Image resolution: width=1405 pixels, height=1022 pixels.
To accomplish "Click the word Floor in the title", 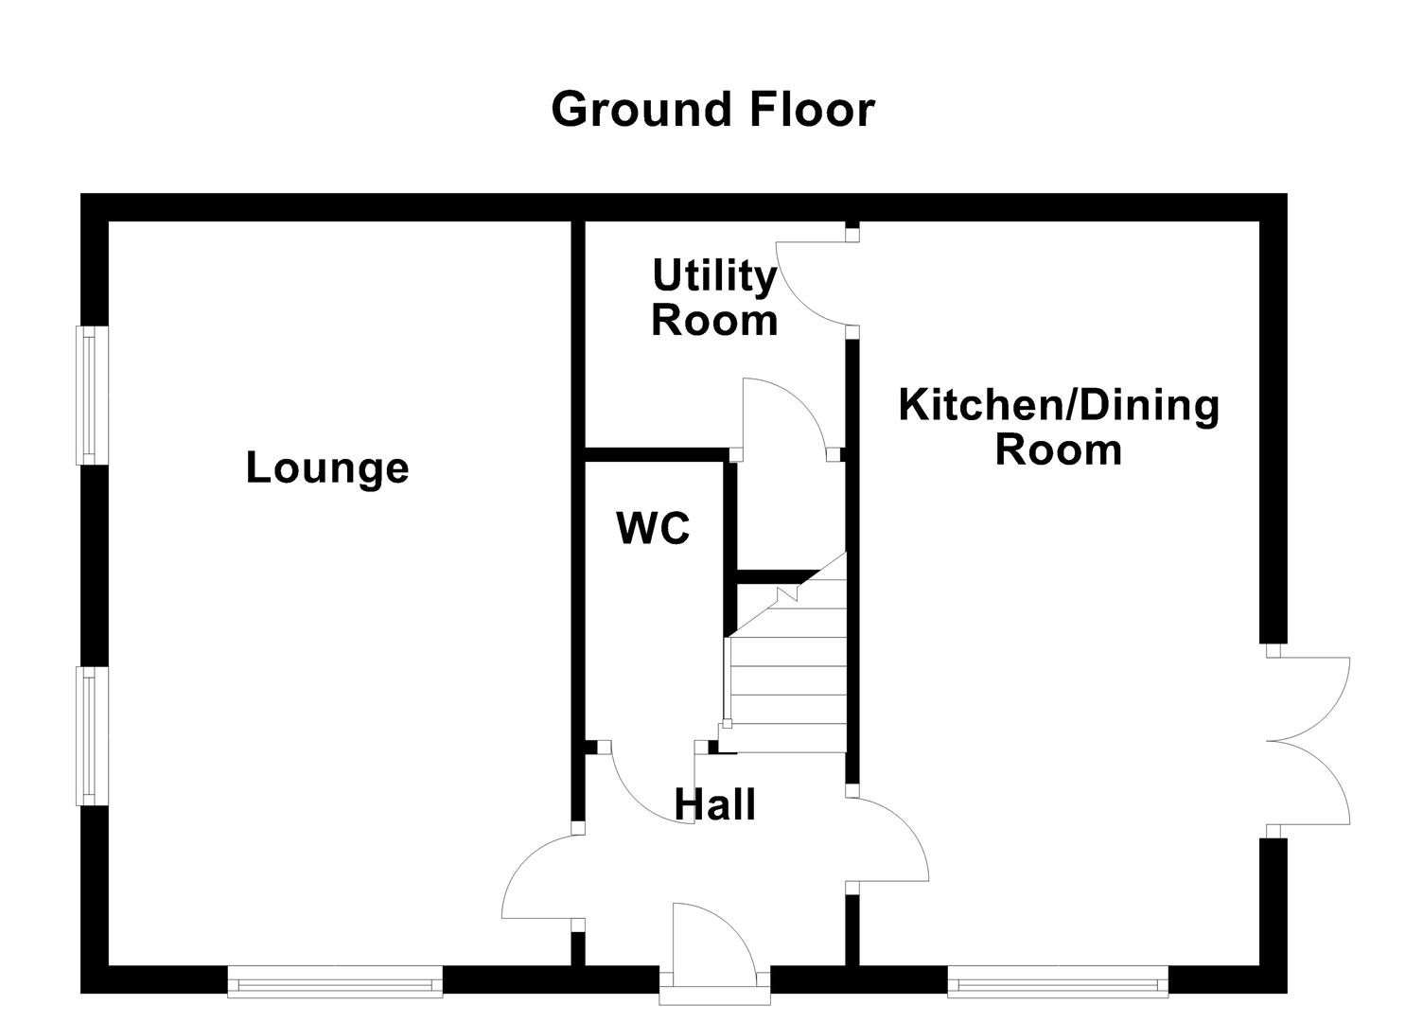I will click(x=812, y=110).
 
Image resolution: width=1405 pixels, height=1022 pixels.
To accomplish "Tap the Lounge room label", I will click(x=327, y=467).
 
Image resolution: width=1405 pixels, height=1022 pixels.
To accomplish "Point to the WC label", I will click(x=653, y=528).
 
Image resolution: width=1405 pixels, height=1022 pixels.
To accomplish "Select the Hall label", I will click(x=714, y=805).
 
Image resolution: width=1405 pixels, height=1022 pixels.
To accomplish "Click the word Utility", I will click(x=714, y=276).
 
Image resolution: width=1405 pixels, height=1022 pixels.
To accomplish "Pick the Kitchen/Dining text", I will click(x=1059, y=405).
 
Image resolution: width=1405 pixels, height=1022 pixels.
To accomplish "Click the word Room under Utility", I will click(x=714, y=321).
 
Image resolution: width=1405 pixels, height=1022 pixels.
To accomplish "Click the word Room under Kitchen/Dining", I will click(x=1059, y=449).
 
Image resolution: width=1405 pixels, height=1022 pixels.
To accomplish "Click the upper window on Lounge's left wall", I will click(x=91, y=396).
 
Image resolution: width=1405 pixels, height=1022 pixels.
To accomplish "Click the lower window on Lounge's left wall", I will click(x=91, y=735).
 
